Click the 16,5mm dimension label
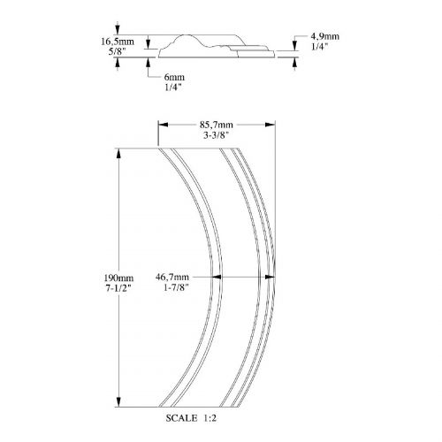click(118, 42)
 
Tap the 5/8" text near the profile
click(118, 51)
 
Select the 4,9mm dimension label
click(325, 36)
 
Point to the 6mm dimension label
click(174, 77)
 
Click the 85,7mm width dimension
click(217, 125)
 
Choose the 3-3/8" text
click(217, 135)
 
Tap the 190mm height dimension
click(118, 278)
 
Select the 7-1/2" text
click(118, 288)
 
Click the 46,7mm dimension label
click(172, 277)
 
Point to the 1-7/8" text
click(176, 287)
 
